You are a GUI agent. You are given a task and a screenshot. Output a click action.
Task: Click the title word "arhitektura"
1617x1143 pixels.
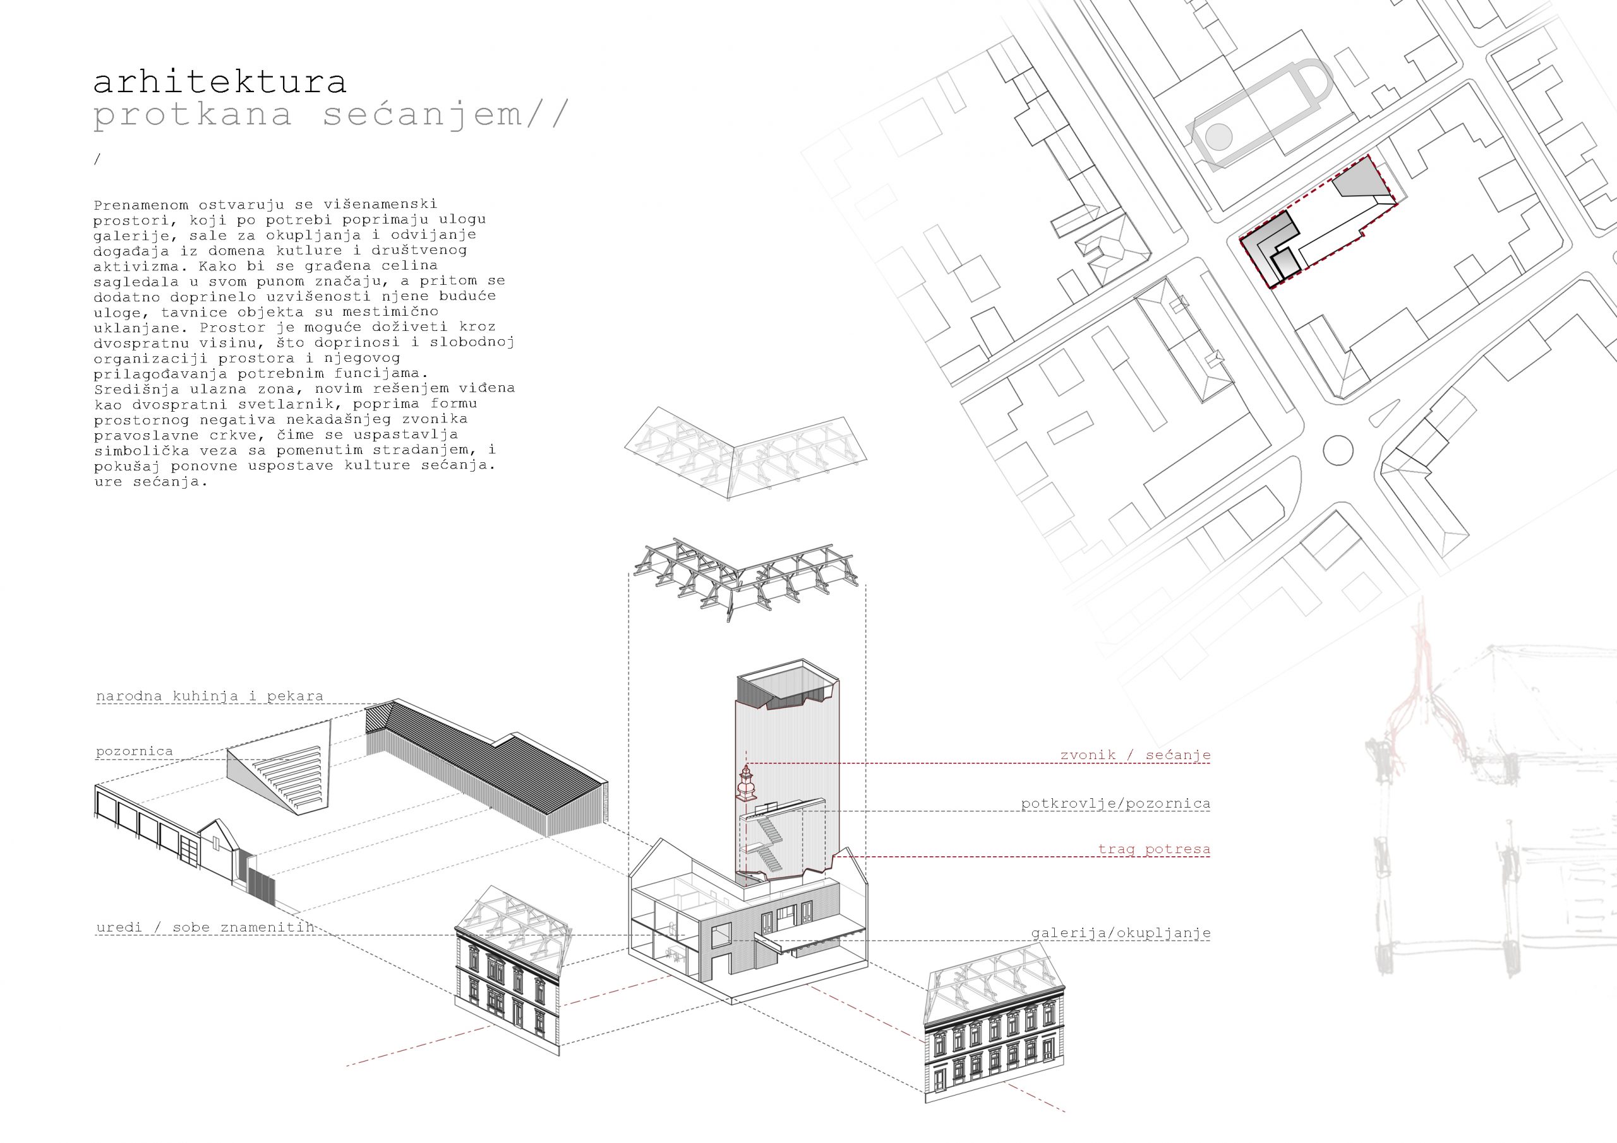coord(219,81)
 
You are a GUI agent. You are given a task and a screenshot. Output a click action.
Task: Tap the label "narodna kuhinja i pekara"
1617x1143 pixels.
coord(209,696)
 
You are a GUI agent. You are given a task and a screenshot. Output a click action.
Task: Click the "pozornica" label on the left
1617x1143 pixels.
coord(134,751)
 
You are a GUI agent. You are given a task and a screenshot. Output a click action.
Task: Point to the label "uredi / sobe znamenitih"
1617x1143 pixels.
coord(204,927)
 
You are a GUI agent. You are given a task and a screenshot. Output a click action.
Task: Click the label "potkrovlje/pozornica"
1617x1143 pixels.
coord(1115,803)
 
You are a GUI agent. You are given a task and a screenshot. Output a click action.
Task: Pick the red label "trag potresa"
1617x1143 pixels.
coord(1153,849)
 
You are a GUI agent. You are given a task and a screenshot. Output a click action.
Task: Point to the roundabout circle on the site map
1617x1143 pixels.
coord(1337,450)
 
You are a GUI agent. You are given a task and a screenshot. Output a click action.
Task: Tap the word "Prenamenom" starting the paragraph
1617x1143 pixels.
coord(141,205)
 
